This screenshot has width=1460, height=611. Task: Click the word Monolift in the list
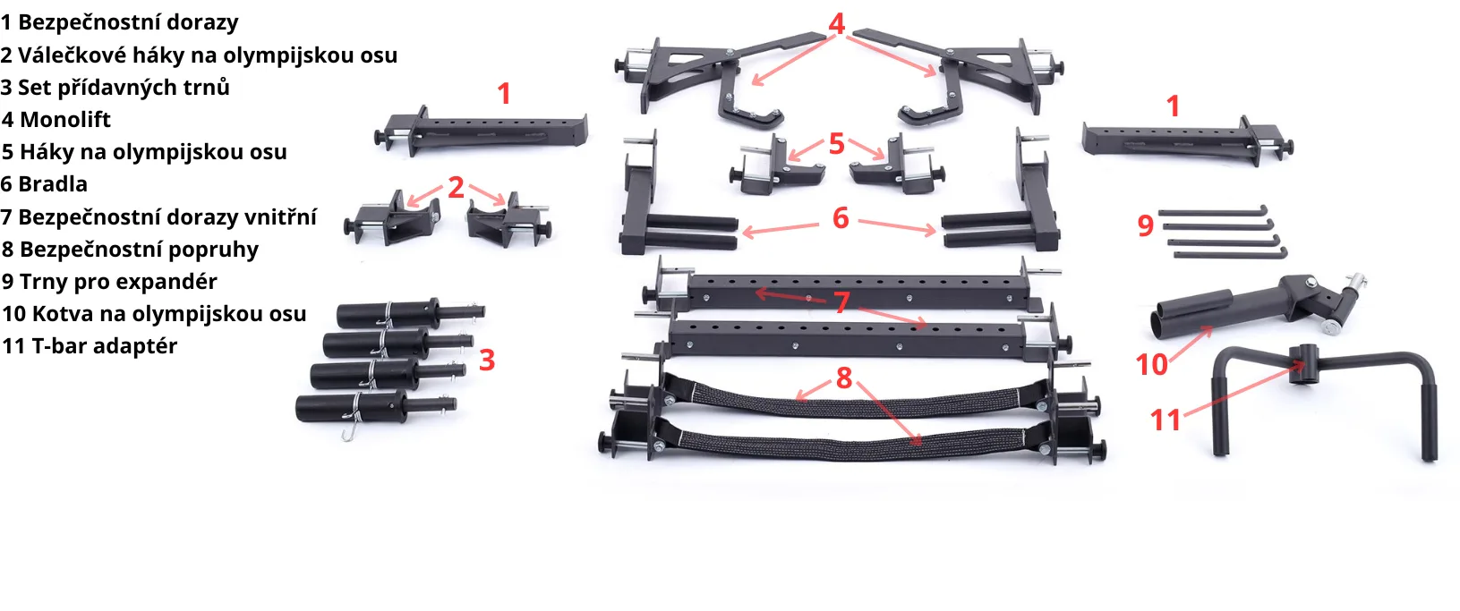[x=65, y=119]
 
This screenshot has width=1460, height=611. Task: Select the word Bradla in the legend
[x=53, y=183]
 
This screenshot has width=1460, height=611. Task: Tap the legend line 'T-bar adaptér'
[x=90, y=345]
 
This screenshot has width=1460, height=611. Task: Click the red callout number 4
[x=836, y=24]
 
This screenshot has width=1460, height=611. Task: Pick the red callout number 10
[x=1152, y=365]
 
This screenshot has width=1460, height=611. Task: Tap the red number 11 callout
[x=1165, y=420]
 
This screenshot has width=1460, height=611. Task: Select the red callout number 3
[x=487, y=361]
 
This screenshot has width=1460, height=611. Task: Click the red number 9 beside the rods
[x=1146, y=225]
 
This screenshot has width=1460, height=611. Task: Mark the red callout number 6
[x=841, y=218]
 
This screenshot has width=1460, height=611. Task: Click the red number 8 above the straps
[x=844, y=378]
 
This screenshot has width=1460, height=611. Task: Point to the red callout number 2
[x=457, y=188]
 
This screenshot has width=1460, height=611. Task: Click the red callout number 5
[x=837, y=144]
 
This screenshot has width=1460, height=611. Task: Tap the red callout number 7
[x=842, y=302]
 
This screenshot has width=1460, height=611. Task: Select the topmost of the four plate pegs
[x=411, y=313]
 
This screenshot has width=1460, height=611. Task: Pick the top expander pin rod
[x=1212, y=212]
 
